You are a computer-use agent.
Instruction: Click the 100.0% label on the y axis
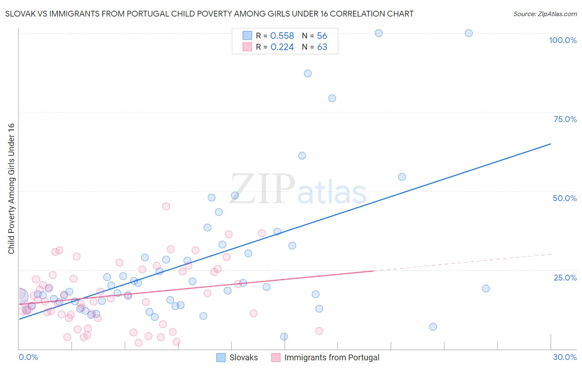pos(563,40)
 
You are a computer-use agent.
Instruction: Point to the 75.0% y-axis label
pos(565,119)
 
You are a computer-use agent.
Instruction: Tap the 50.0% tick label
pos(565,198)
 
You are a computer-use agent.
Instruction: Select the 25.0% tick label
pos(565,278)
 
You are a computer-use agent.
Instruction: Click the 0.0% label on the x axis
pos(28,357)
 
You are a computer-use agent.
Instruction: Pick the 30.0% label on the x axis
pos(565,357)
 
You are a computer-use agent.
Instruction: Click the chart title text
pos(209,14)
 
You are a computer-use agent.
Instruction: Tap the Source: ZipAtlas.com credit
pos(545,14)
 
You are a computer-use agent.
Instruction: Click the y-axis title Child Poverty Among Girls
pos(11,189)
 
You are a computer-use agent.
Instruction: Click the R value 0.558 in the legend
pos(282,36)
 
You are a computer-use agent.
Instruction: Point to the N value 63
pos(322,47)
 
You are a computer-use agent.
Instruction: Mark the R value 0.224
pos(282,47)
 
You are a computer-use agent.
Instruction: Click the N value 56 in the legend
pos(322,36)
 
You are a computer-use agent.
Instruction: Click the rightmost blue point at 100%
pos(469,33)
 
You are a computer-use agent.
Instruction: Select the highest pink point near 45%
pos(166,206)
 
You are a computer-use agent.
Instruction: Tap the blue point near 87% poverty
pos(308,73)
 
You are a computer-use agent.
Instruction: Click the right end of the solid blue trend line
pos(551,144)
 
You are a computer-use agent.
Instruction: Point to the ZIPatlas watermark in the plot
pos(298,189)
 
